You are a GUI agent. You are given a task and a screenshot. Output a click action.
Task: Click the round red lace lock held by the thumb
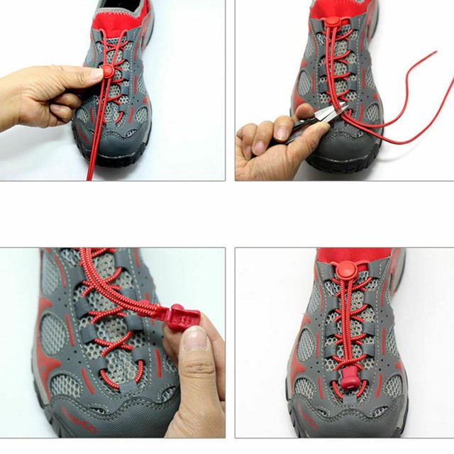[108, 70]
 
